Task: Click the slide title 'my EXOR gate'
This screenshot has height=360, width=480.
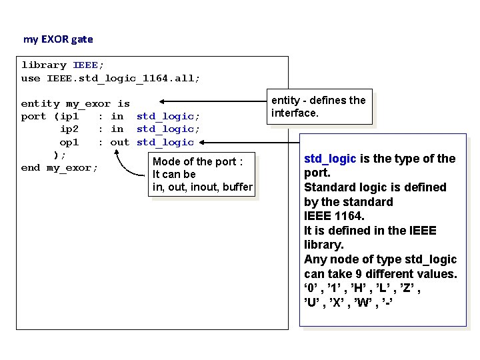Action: click(x=58, y=39)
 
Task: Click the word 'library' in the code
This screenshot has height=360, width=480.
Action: click(x=44, y=65)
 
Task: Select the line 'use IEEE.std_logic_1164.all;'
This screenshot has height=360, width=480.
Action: click(x=110, y=78)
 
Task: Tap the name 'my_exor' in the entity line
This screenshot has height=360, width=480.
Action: click(x=88, y=103)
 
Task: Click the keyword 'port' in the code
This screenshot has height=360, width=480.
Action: click(x=34, y=117)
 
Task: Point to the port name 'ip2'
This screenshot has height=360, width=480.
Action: click(x=69, y=129)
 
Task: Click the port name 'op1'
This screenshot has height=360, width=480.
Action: click(x=69, y=142)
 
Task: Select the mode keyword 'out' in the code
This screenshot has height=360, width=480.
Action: click(x=120, y=142)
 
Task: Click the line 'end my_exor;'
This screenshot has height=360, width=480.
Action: click(x=59, y=167)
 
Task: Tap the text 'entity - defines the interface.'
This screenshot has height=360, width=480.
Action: click(x=318, y=107)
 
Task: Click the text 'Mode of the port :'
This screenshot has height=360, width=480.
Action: click(x=202, y=161)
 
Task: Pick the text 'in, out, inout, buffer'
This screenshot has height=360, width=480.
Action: click(x=202, y=187)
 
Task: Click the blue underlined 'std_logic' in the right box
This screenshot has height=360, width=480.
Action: click(x=331, y=159)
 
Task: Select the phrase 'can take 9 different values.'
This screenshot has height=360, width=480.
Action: click(x=380, y=274)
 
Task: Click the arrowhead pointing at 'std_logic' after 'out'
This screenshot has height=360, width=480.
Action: click(x=201, y=142)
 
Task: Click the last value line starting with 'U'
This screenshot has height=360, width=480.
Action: click(x=349, y=303)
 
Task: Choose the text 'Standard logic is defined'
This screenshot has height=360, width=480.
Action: click(x=375, y=187)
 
